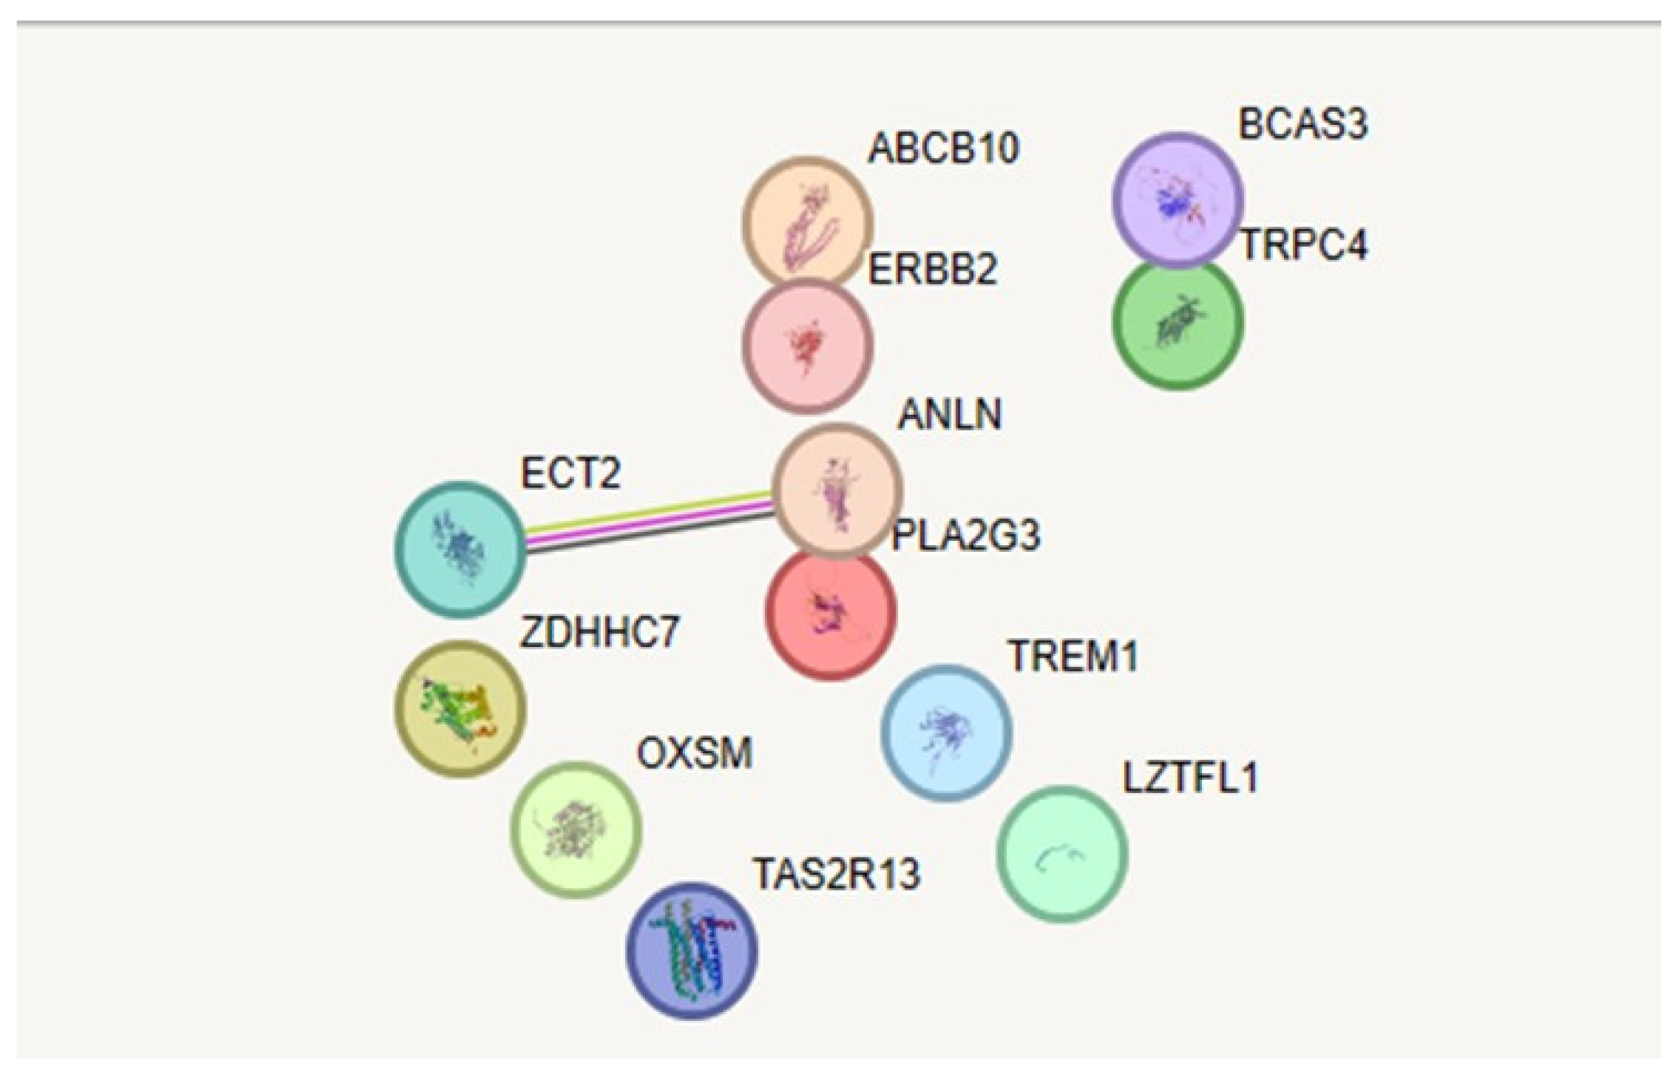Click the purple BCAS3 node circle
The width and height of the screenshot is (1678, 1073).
click(1176, 199)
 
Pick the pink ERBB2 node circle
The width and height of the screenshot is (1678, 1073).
click(807, 345)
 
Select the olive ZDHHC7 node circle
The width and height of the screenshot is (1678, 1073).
click(460, 709)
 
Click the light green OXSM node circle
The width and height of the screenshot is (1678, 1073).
click(576, 829)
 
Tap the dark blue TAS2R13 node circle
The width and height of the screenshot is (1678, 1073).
click(692, 951)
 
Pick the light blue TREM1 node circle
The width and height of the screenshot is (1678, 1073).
click(946, 731)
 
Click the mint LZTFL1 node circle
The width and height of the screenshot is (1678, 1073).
click(1061, 855)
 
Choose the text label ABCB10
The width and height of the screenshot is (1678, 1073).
click(943, 148)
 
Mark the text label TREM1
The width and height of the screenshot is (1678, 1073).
click(1073, 656)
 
